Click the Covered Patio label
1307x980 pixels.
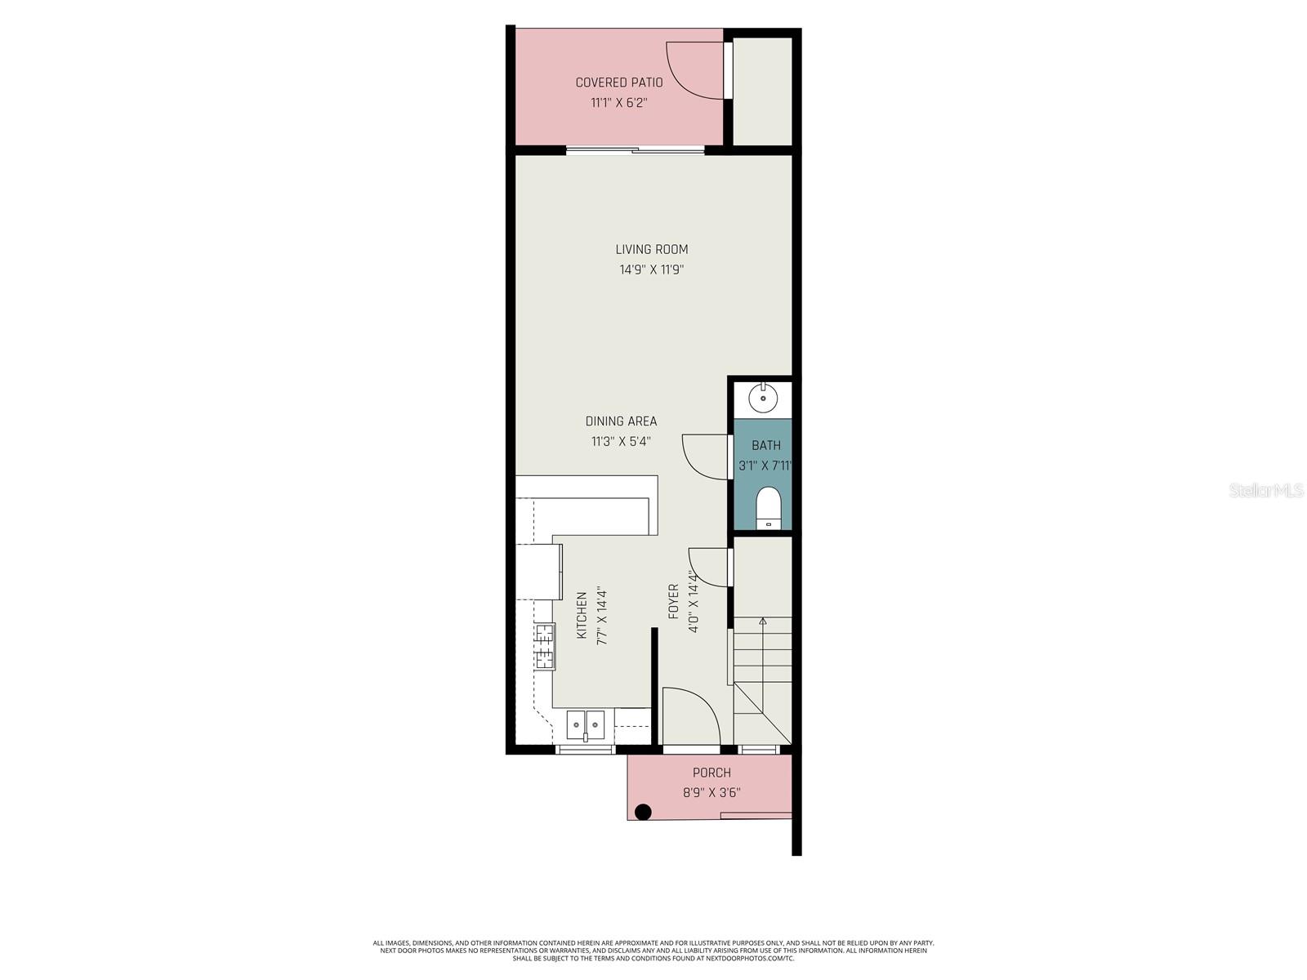point(618,82)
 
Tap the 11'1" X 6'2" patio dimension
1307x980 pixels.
point(618,103)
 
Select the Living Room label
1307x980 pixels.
point(651,249)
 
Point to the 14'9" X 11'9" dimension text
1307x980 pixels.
point(651,269)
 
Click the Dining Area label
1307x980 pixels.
point(621,421)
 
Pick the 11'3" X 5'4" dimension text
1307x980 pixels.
point(621,442)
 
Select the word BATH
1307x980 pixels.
point(766,445)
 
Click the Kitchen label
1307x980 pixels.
point(582,616)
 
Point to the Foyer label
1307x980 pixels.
point(673,601)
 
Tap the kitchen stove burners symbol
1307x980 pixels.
point(544,646)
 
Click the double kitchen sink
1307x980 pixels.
point(586,723)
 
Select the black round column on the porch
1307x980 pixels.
point(643,812)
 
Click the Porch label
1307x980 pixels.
point(711,773)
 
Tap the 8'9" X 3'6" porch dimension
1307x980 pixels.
point(711,792)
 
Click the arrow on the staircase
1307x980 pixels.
point(763,622)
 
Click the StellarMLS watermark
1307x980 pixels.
point(1265,491)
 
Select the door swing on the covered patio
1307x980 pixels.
point(694,69)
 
